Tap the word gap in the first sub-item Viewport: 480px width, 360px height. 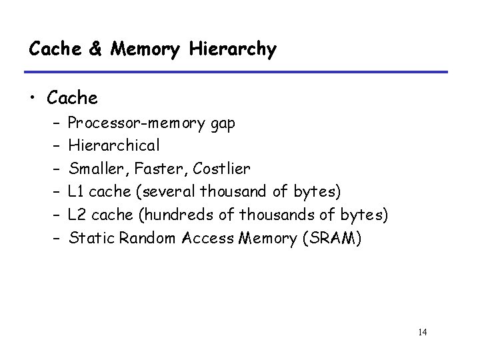point(218,125)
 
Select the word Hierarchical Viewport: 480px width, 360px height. point(114,146)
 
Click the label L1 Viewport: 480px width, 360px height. point(77,192)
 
